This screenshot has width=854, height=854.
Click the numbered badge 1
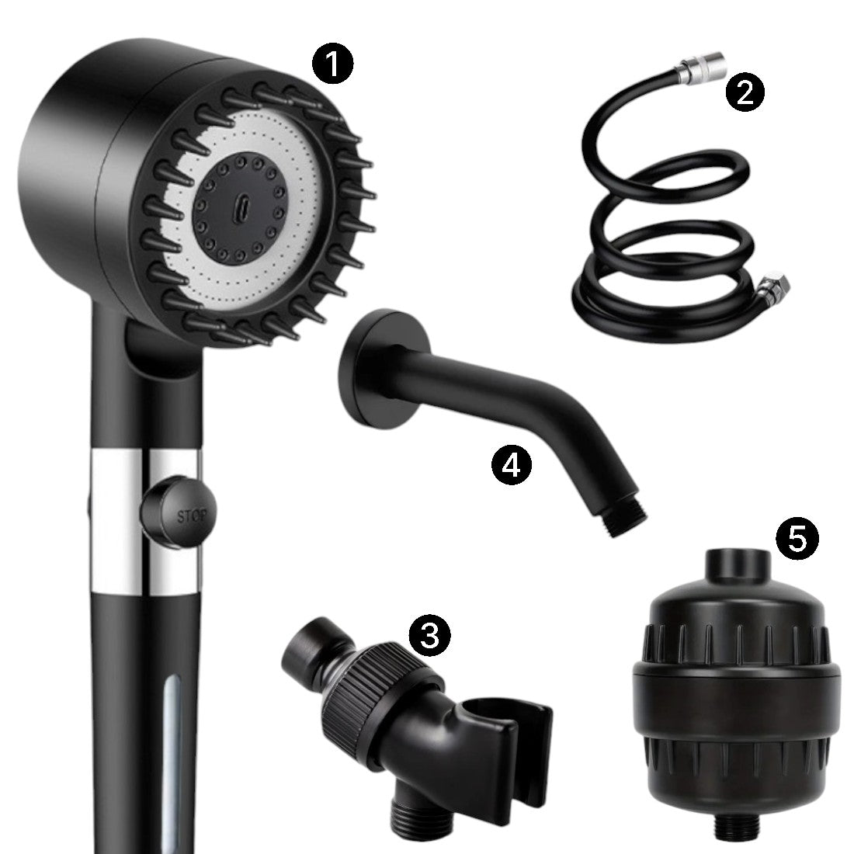click(x=332, y=64)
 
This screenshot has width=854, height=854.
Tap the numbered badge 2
click(x=745, y=92)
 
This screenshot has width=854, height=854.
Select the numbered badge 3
click(x=430, y=634)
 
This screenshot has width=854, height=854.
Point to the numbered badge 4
click(x=512, y=464)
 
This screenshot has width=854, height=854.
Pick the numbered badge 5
click(x=797, y=538)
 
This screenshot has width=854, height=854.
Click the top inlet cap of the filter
click(x=738, y=568)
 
